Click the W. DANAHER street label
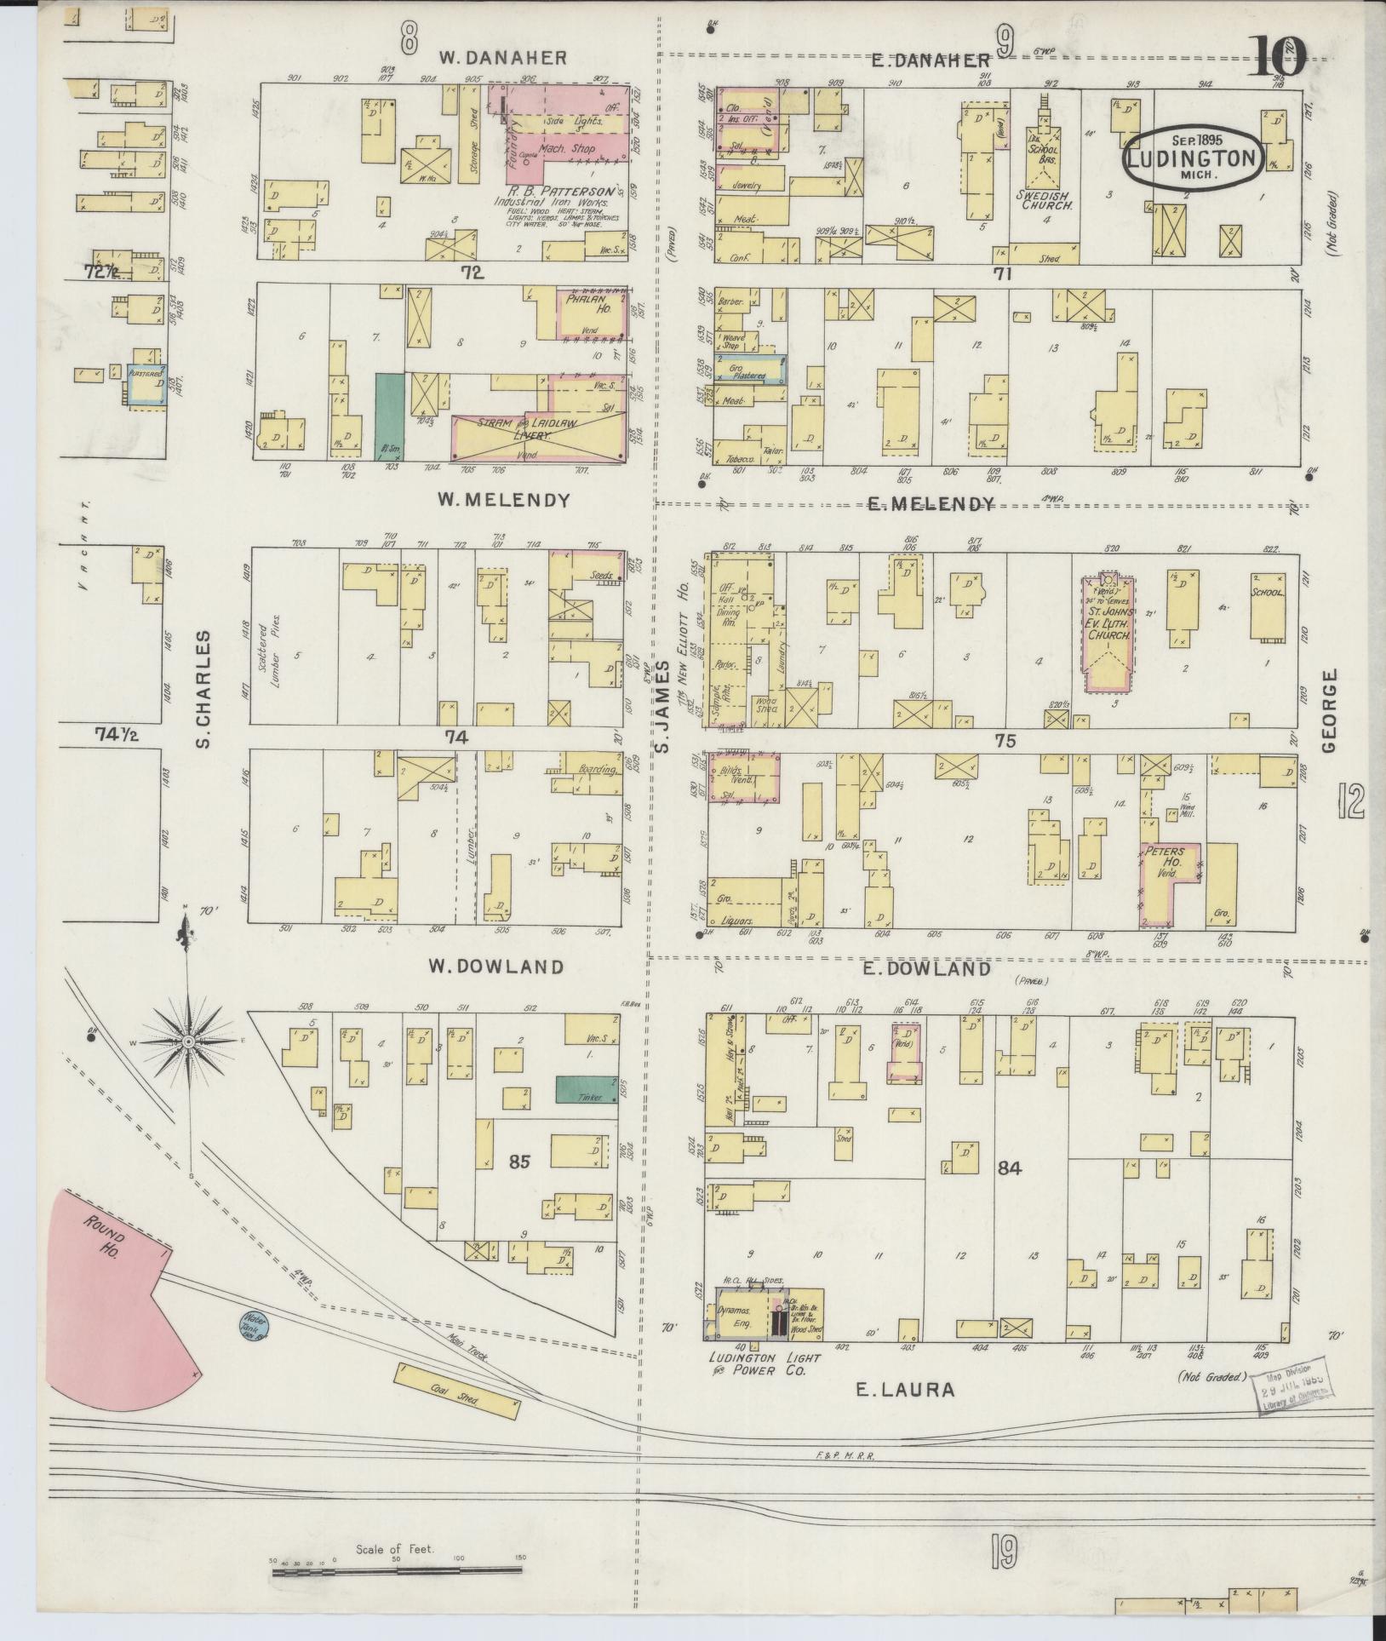(x=503, y=58)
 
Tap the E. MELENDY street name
(x=930, y=504)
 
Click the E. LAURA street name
(x=904, y=1390)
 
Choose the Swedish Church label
(x=1045, y=205)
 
